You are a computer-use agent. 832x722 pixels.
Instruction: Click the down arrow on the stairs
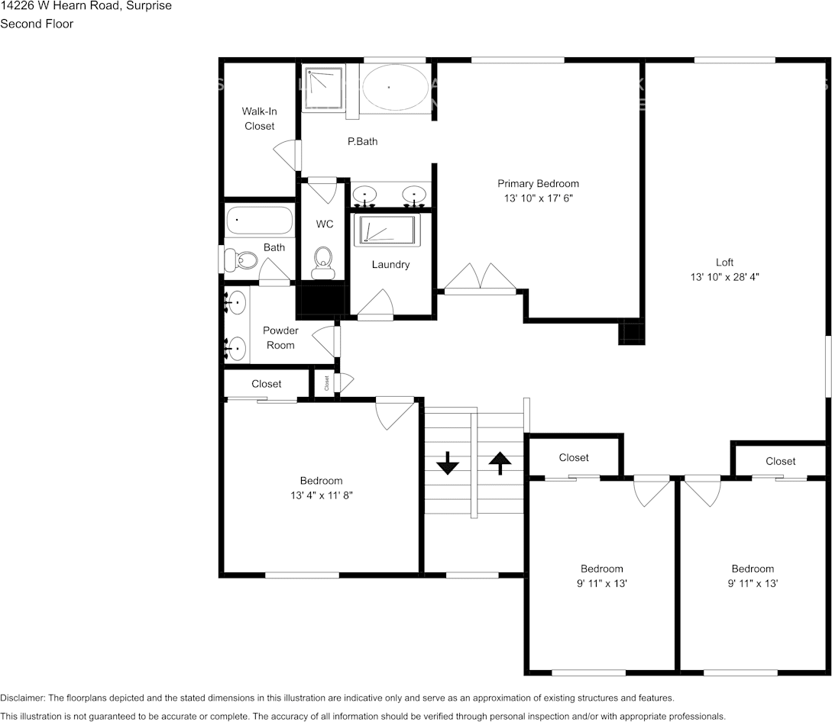447,463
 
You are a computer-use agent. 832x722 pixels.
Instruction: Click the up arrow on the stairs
500,463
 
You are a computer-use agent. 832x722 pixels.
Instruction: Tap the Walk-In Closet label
259,118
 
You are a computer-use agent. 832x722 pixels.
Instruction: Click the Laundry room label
390,265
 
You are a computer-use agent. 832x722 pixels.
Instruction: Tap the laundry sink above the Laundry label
390,230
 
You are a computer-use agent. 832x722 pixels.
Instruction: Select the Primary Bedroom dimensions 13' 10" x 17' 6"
538,198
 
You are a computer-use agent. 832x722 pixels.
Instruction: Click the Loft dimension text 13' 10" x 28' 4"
724,277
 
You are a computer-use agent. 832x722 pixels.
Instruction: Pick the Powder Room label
280,337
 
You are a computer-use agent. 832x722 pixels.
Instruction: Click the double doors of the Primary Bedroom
481,279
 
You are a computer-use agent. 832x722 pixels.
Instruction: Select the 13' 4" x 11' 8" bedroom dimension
321,495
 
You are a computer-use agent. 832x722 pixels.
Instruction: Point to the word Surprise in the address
150,6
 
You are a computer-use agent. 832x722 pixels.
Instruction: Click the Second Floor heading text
37,24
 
